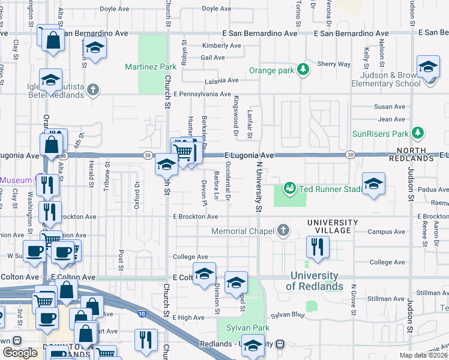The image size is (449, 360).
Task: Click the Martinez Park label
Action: tap(151, 67)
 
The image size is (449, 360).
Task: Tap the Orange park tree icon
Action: tap(304, 70)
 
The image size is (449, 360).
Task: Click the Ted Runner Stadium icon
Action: tap(290, 189)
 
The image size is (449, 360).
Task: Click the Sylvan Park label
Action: tap(247, 328)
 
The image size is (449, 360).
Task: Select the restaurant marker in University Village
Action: tap(316, 246)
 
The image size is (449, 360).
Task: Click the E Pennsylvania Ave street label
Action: tap(202, 94)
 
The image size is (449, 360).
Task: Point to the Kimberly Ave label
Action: tap(221, 46)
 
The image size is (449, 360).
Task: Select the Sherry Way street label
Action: tap(334, 64)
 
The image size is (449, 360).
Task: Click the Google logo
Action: tap(20, 353)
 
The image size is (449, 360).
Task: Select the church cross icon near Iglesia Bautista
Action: tap(92, 90)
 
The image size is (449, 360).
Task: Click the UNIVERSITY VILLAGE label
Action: tap(333, 223)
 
